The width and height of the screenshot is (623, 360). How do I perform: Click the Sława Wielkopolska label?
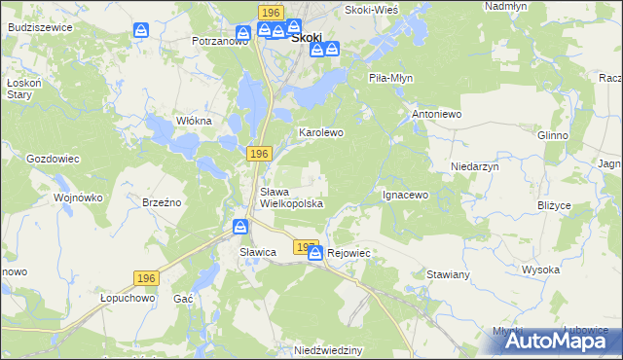290,198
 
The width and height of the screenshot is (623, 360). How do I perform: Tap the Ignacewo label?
405,195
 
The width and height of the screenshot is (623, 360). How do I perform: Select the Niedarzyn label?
474,166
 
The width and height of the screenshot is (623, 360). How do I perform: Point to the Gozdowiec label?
52,158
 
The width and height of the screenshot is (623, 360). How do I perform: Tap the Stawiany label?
448,275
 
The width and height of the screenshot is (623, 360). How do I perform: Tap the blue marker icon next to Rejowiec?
315,253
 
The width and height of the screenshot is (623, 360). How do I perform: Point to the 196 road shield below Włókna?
258,154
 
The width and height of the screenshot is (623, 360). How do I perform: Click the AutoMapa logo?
549,341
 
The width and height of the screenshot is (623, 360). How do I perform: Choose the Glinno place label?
552,135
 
